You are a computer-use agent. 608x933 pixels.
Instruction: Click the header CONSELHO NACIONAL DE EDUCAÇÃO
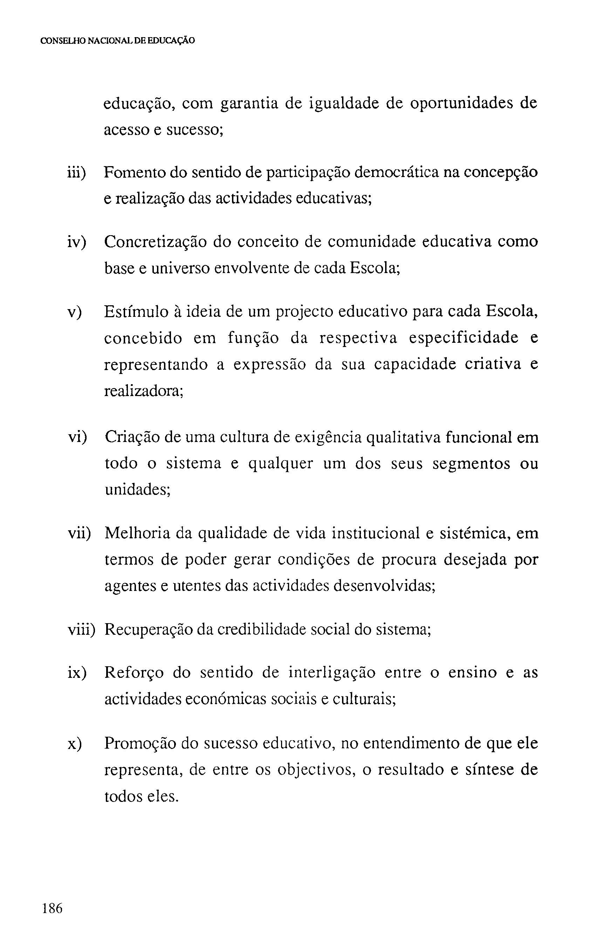[x=118, y=41]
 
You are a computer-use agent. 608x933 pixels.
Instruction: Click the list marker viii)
[x=82, y=630]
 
